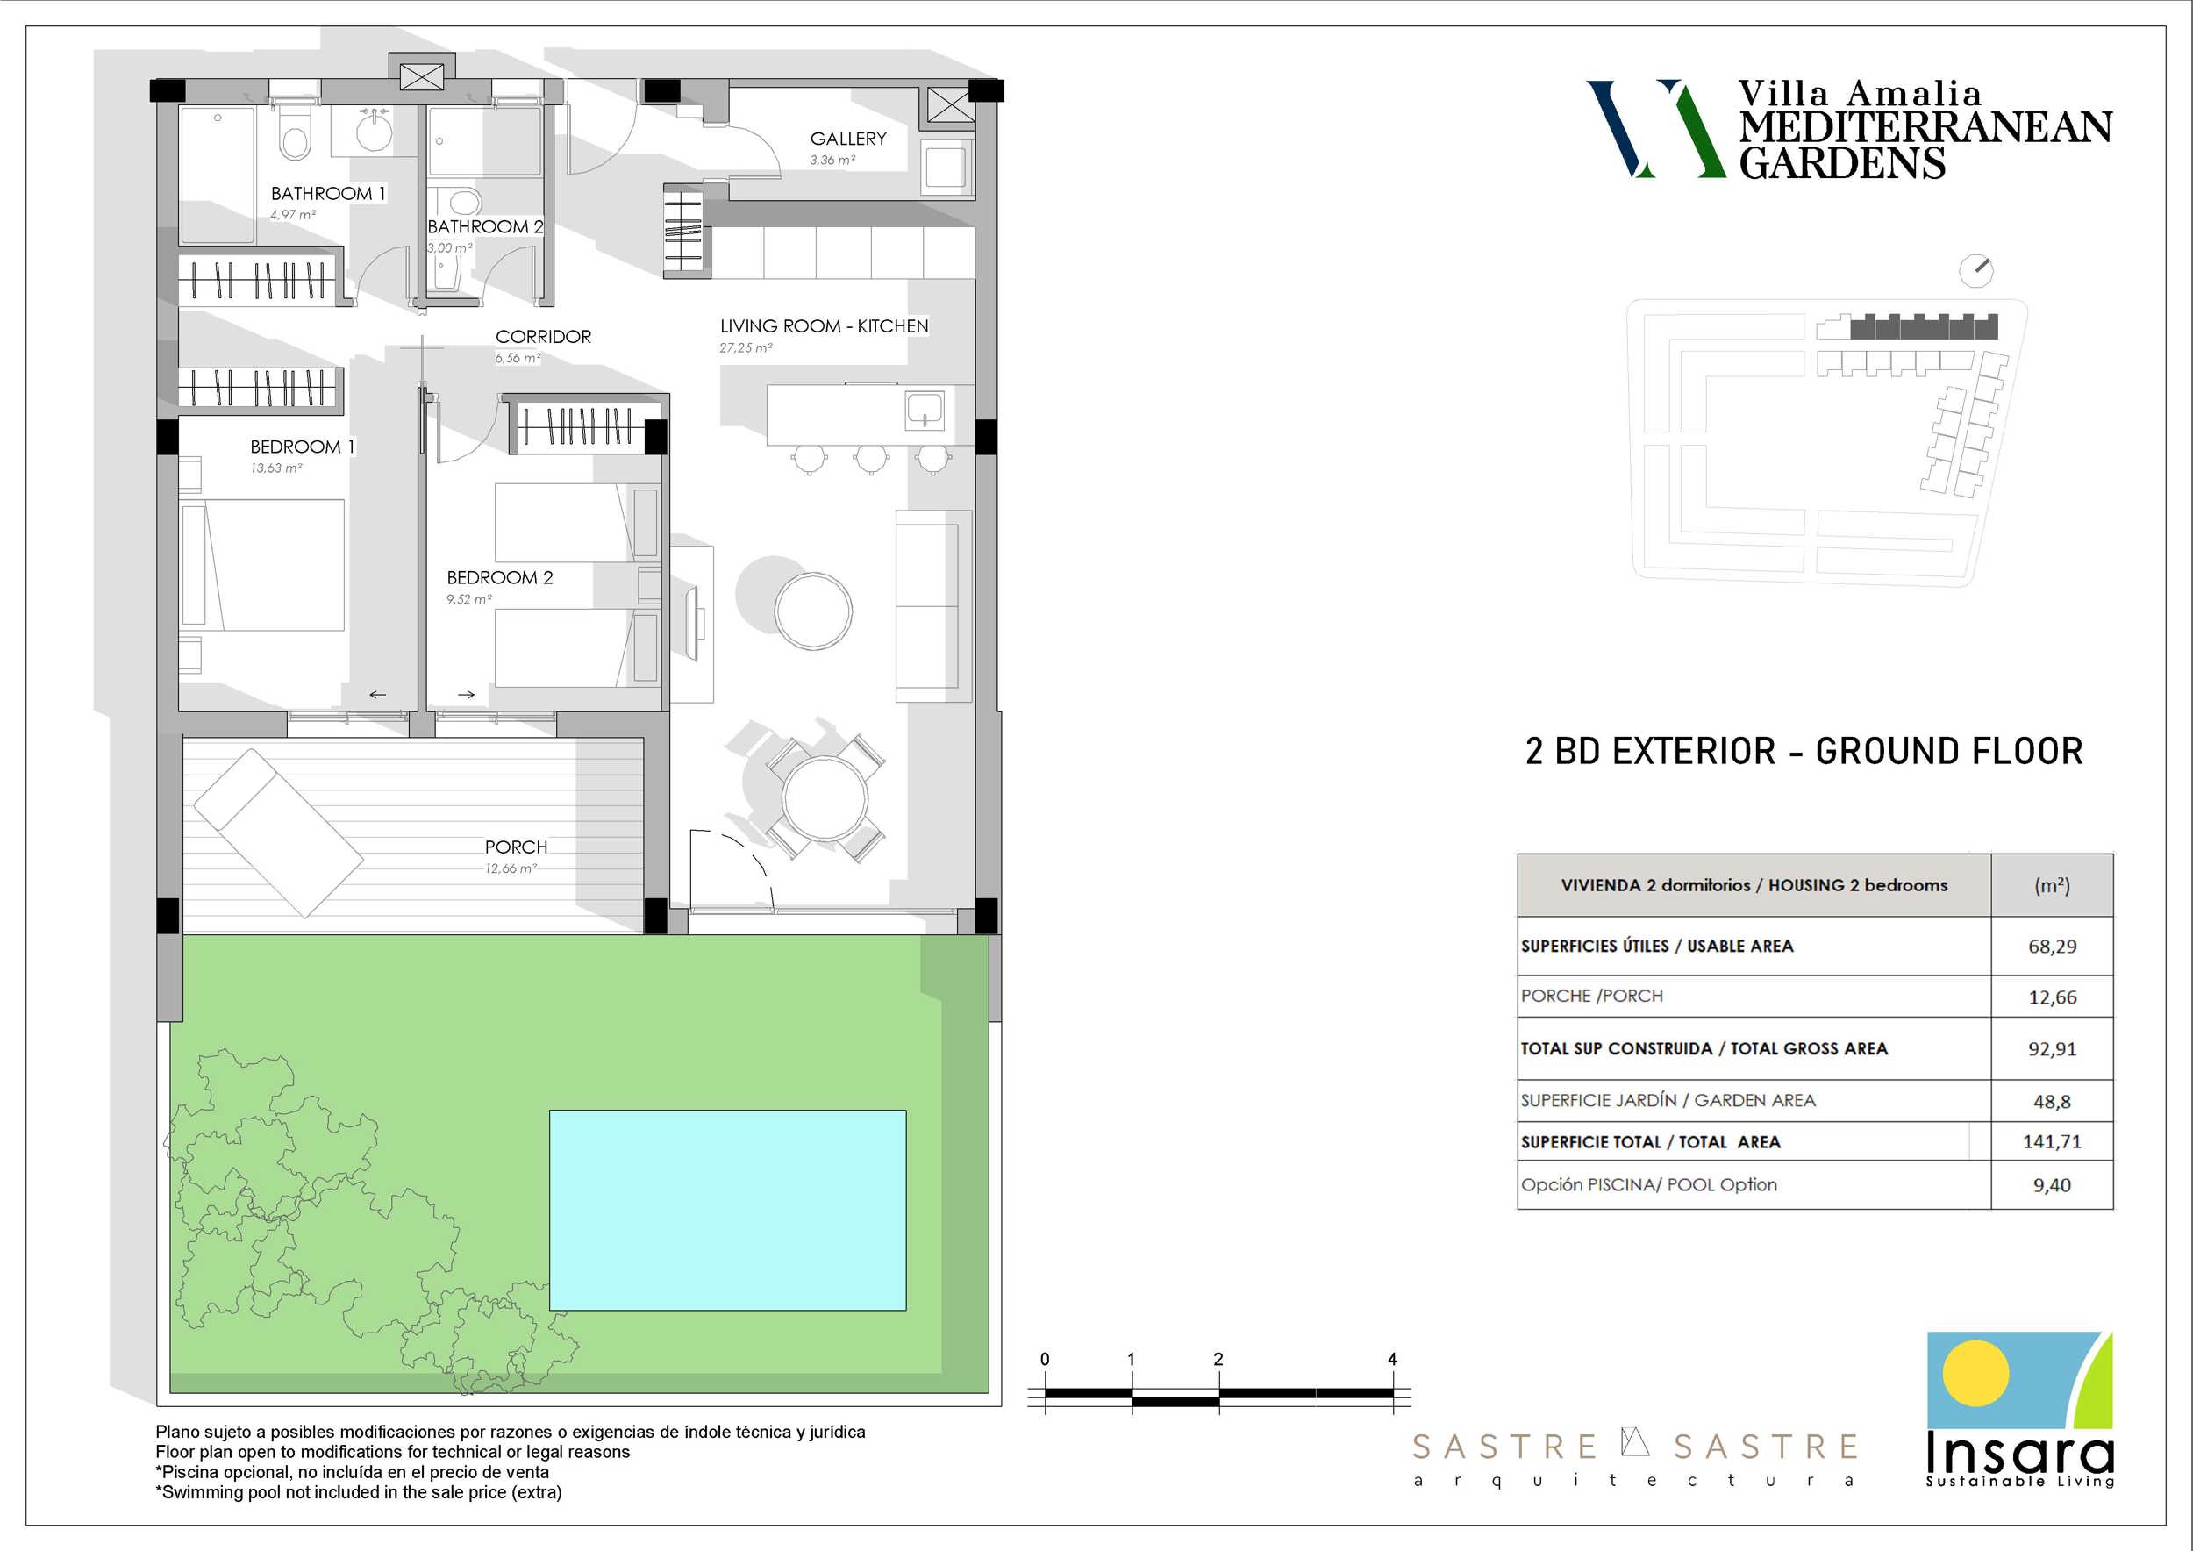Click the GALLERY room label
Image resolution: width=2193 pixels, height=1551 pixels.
coord(848,139)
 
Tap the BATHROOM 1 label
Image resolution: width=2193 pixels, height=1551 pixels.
coord(327,194)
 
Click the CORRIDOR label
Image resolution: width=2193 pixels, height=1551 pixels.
coord(544,337)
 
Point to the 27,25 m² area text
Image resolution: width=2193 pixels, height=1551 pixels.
coord(746,348)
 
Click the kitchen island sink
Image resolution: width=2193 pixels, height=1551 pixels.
coord(925,411)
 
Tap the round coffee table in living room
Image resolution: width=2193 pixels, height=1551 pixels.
coord(813,611)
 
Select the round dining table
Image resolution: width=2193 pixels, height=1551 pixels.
coord(825,797)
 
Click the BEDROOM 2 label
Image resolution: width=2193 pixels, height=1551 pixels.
coord(499,578)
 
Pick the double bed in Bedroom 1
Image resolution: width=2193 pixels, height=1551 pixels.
coord(262,565)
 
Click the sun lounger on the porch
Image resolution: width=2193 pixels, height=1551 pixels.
coord(278,833)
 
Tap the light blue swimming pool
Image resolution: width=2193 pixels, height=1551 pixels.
coord(728,1210)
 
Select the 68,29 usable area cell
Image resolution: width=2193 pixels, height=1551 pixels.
coord(2053,947)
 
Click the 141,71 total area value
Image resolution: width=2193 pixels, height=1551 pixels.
coord(2052,1141)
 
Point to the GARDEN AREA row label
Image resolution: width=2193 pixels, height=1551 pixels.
coord(1668,1100)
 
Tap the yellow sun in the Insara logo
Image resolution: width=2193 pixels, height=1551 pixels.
coord(1975,1375)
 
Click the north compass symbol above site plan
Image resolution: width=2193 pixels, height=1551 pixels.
coord(1976,270)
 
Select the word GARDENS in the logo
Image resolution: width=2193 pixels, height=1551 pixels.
coord(1842,163)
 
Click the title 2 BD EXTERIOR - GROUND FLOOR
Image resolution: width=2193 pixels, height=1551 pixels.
coord(1804,752)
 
